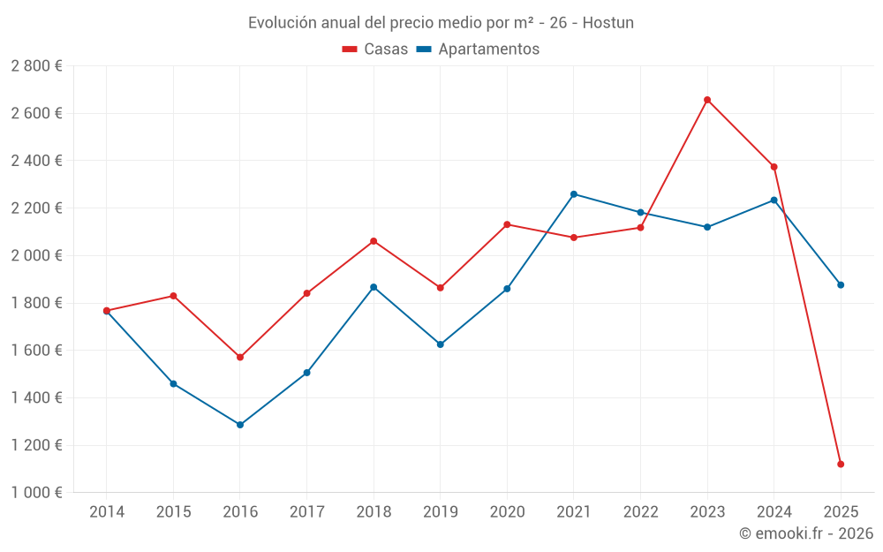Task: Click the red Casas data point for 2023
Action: click(707, 100)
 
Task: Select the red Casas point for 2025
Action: click(841, 464)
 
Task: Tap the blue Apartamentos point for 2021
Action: click(574, 194)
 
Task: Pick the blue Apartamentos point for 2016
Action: click(240, 425)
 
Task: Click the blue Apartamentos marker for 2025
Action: click(841, 285)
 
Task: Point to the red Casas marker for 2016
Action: click(240, 357)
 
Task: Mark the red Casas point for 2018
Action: click(374, 241)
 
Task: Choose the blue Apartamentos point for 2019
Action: click(441, 344)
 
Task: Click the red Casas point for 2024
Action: click(774, 167)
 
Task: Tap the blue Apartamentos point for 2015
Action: click(173, 384)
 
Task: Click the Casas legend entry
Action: click(375, 49)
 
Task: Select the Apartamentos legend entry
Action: click(478, 49)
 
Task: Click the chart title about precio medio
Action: click(441, 23)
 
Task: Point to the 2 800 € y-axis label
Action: click(36, 66)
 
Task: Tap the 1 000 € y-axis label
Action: click(36, 493)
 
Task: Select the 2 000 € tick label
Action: click(36, 255)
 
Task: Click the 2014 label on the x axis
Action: click(107, 511)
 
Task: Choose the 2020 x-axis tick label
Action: click(507, 511)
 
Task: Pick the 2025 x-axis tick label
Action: click(841, 511)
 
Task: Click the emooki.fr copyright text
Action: click(805, 533)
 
